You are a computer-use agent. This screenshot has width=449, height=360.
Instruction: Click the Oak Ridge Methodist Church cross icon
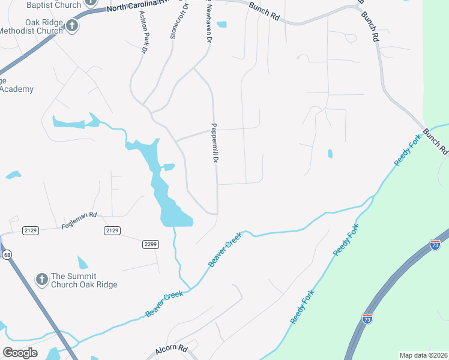coord(71,26)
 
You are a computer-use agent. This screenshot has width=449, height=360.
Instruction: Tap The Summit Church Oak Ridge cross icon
coord(41,279)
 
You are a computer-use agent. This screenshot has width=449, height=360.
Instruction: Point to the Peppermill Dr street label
coord(214,143)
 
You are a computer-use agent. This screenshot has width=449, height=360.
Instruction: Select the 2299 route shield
coord(151,244)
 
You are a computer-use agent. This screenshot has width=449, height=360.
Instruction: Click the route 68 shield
coord(7,256)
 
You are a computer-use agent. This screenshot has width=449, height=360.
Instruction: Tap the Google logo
coord(20,353)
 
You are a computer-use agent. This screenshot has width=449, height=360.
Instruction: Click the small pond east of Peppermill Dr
coord(330,154)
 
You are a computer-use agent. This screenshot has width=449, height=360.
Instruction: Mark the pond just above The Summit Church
coord(82,262)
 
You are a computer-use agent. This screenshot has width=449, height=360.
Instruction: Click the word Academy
coord(17,89)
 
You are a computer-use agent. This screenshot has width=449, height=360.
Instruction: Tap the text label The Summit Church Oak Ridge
coord(84,280)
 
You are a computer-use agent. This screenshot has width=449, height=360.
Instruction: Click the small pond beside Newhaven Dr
coord(222,25)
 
